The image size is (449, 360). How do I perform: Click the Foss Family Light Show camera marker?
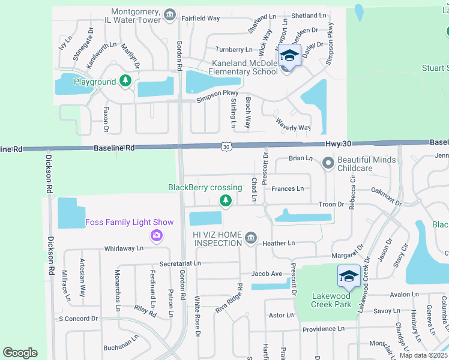click(157, 235)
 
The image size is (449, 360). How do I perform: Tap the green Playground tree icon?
click(125, 81)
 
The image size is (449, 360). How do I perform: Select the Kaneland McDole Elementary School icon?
click(289, 56)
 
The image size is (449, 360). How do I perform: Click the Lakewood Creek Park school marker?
click(349, 277)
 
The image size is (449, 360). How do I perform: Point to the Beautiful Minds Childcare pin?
click(328, 163)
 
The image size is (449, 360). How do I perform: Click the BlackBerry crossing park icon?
click(225, 200)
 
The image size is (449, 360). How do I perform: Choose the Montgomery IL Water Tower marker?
click(170, 14)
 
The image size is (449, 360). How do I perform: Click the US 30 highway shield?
click(225, 146)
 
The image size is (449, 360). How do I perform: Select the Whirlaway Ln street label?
click(124, 248)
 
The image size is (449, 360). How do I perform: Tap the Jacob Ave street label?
click(267, 274)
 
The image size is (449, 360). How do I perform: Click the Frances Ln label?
click(288, 188)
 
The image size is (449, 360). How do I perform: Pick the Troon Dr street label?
click(331, 205)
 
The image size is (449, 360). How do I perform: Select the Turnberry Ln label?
click(234, 49)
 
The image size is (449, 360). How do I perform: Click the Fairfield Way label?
click(201, 19)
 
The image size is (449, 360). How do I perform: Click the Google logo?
click(20, 353)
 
